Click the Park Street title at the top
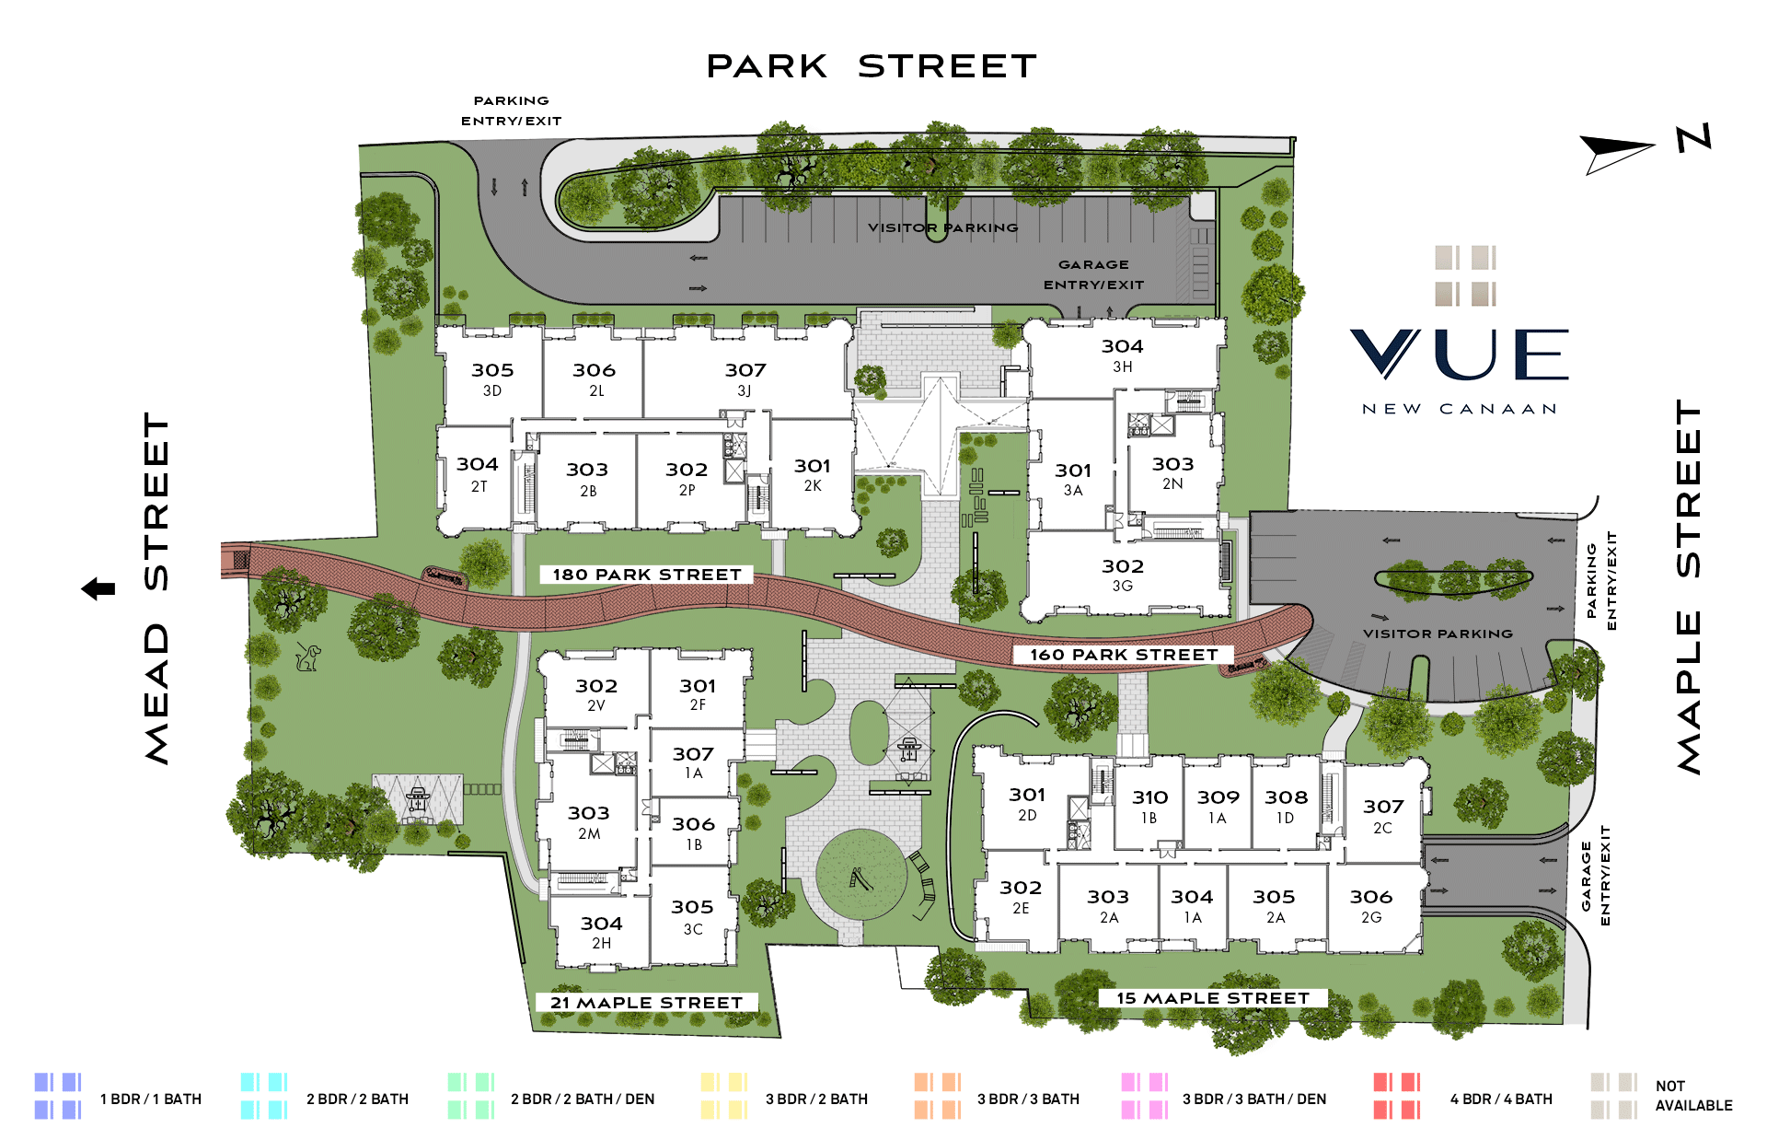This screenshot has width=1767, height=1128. pyautogui.click(x=872, y=66)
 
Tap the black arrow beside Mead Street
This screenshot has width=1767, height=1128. pyautogui.click(x=98, y=588)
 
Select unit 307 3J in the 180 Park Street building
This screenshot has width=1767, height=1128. pyautogui.click(x=745, y=378)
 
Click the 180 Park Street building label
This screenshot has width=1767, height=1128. pyautogui.click(x=646, y=575)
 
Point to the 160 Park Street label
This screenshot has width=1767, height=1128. pyautogui.click(x=1124, y=655)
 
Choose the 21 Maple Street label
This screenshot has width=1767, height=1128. pyautogui.click(x=646, y=1003)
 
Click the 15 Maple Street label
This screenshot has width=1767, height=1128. pyautogui.click(x=1212, y=998)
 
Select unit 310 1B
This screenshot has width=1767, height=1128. pyautogui.click(x=1149, y=806)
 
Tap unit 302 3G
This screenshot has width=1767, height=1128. pyautogui.click(x=1123, y=575)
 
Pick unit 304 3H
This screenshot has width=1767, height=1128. pyautogui.click(x=1122, y=355)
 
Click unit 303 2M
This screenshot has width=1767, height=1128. pyautogui.click(x=589, y=822)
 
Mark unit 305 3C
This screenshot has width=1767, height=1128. pyautogui.click(x=692, y=916)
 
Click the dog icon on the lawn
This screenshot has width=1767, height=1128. pyautogui.click(x=308, y=657)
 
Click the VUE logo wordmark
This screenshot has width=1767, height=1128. pyautogui.click(x=1460, y=355)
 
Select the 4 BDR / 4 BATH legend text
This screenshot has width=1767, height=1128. pyautogui.click(x=1501, y=1099)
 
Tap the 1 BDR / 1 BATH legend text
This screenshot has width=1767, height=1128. pyautogui.click(x=151, y=1099)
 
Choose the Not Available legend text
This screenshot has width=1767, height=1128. pyautogui.click(x=1693, y=1096)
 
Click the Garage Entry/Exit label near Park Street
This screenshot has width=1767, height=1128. pyautogui.click(x=1093, y=274)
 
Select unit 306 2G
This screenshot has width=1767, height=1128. pyautogui.click(x=1371, y=905)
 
